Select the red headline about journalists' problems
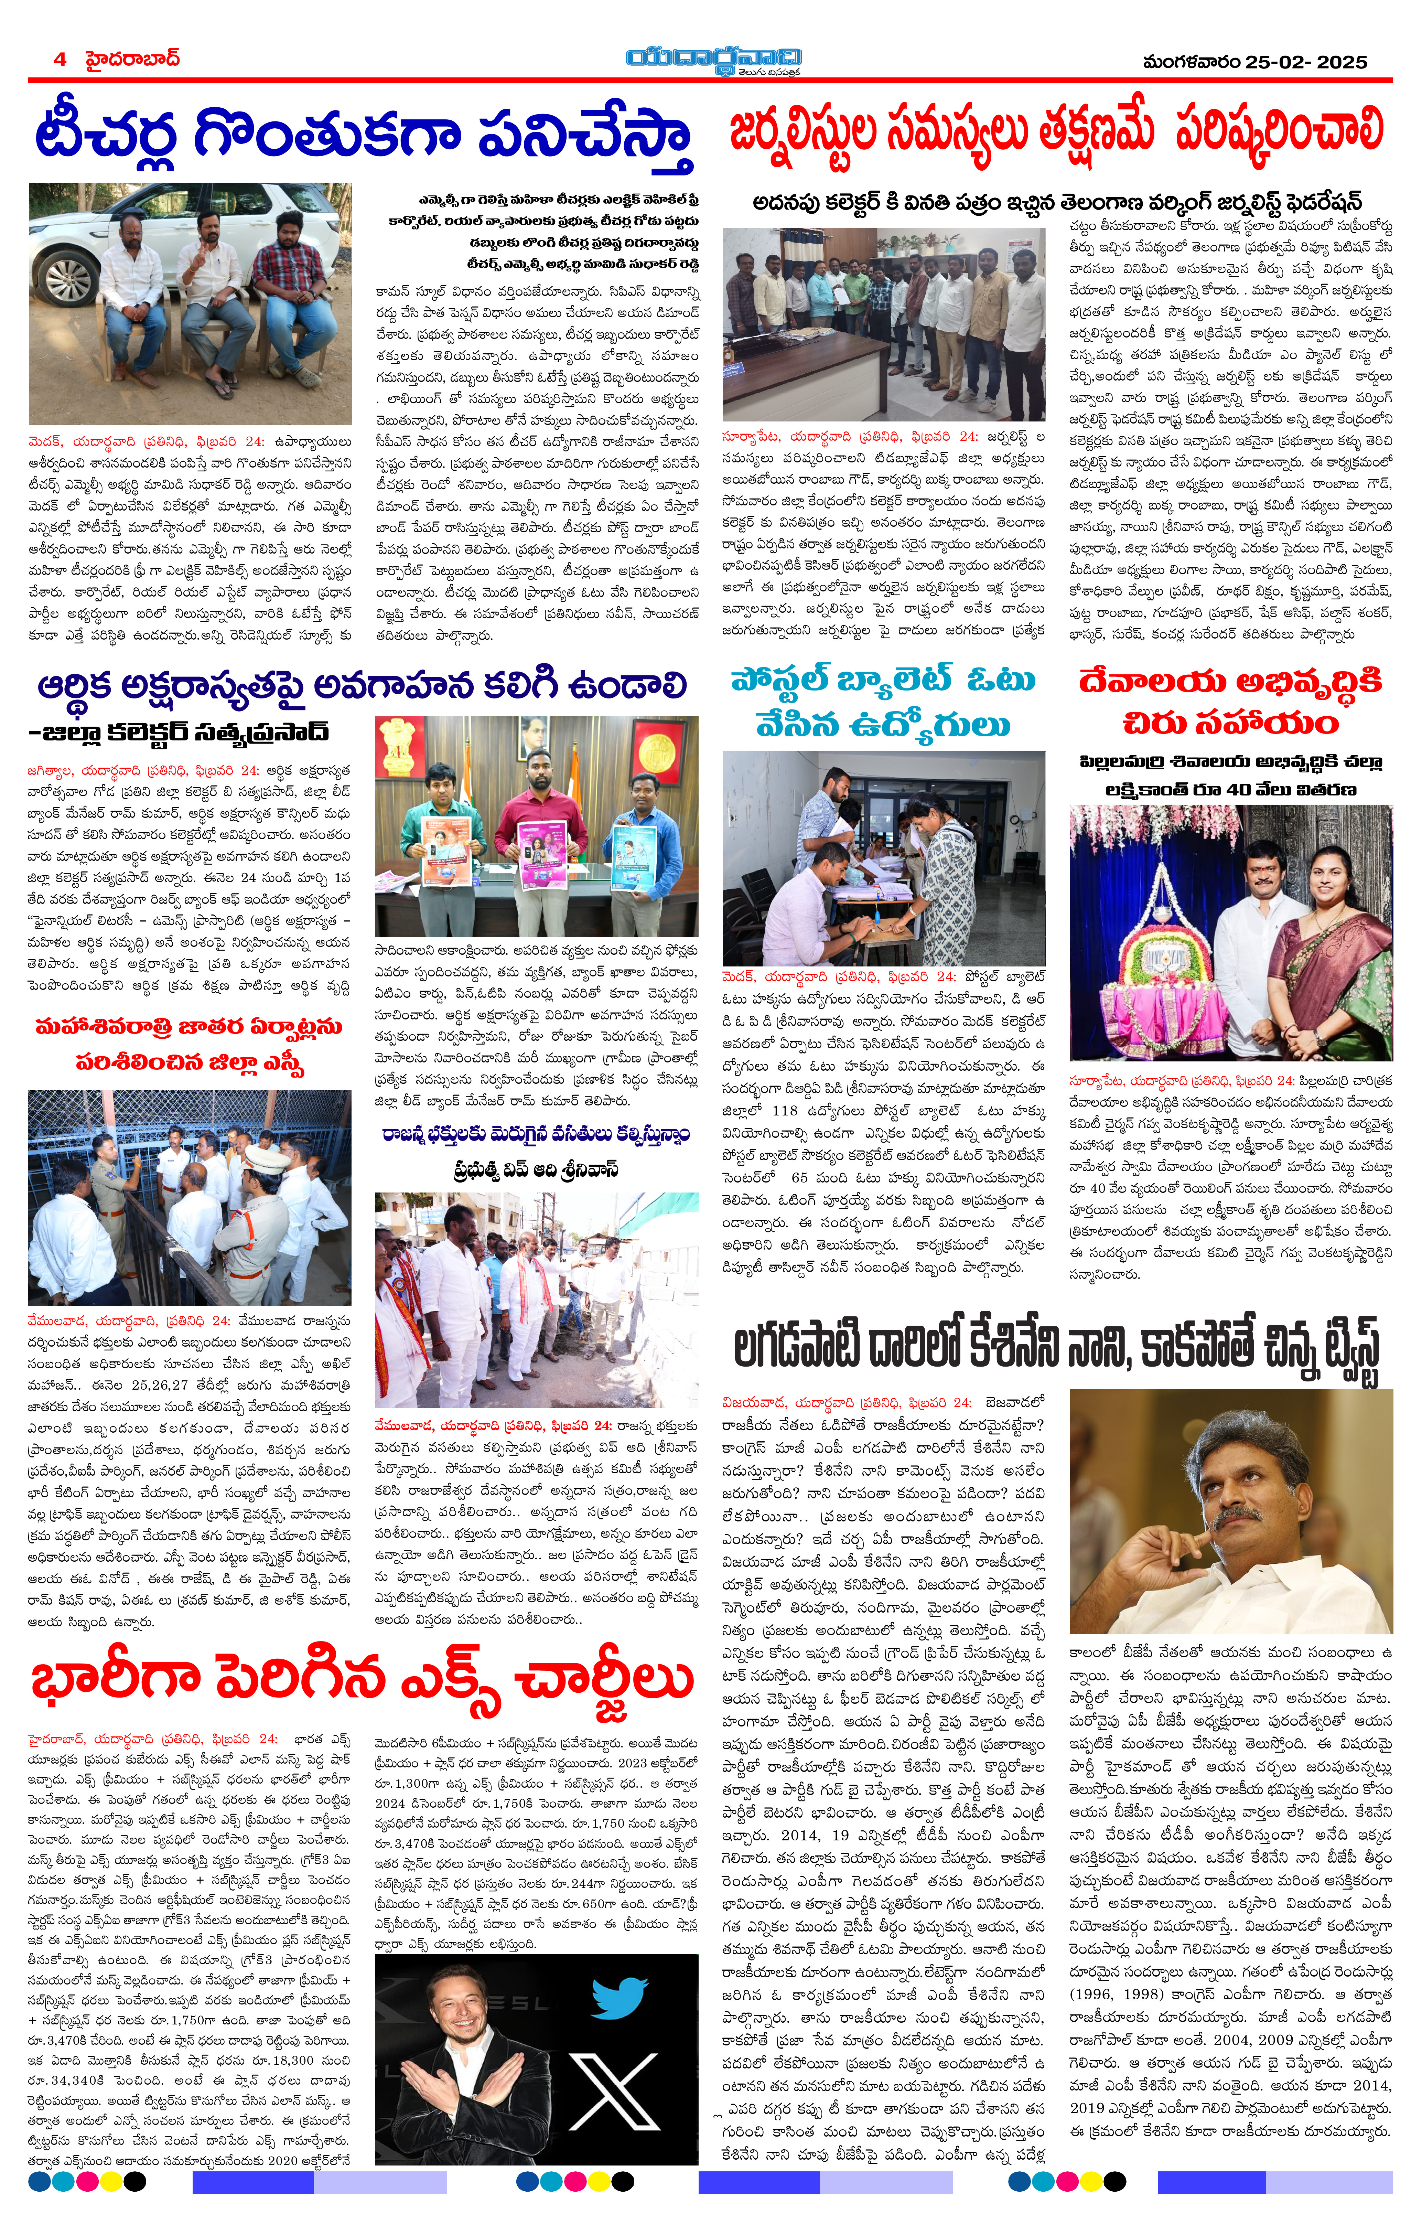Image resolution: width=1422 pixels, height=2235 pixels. point(1056,132)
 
